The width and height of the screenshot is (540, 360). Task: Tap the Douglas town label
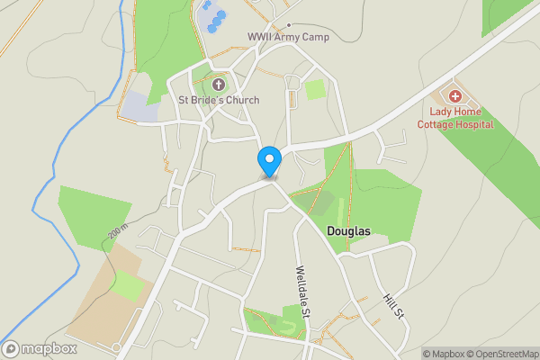coord(348,231)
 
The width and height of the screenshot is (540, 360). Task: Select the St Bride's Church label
coord(219,100)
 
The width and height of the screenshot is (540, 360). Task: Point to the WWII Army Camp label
coord(288,37)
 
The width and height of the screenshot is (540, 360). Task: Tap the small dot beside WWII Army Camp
coord(288,24)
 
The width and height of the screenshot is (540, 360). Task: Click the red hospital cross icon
coord(454,95)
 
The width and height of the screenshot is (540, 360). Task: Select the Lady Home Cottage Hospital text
coord(454,118)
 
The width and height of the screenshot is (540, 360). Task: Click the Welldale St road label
coord(303,289)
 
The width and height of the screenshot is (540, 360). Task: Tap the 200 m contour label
coord(118,232)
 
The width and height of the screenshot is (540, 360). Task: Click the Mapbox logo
coord(40,348)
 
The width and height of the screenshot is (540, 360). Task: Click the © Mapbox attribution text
coord(442,354)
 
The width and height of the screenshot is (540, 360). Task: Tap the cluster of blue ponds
coord(212,17)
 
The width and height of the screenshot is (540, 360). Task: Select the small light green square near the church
coord(315,89)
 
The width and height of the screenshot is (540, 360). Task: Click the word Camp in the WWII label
coord(314,37)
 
